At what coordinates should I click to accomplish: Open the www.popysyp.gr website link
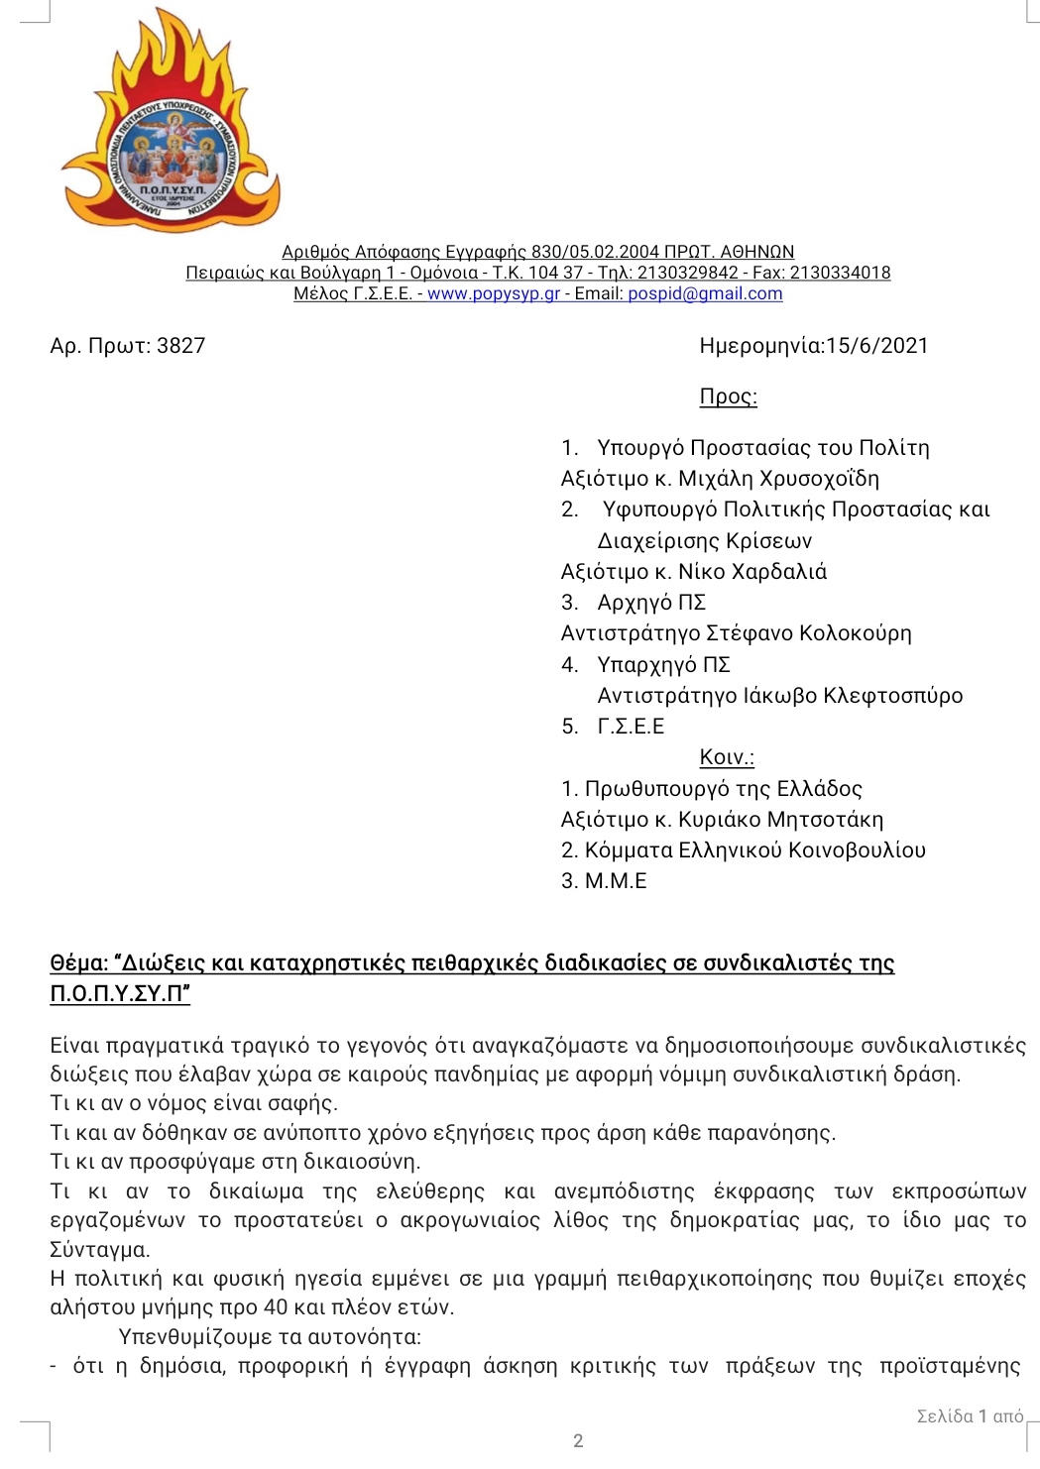493,293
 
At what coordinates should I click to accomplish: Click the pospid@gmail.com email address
705,293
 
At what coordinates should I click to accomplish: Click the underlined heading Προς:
728,396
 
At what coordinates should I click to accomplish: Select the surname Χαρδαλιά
778,572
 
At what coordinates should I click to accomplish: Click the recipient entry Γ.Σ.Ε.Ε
631,727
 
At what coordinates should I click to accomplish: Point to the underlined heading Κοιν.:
727,757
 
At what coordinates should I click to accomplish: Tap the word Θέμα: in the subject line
78,963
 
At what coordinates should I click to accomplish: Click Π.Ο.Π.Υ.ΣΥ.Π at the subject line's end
119,993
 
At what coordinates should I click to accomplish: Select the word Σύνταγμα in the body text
99,1249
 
